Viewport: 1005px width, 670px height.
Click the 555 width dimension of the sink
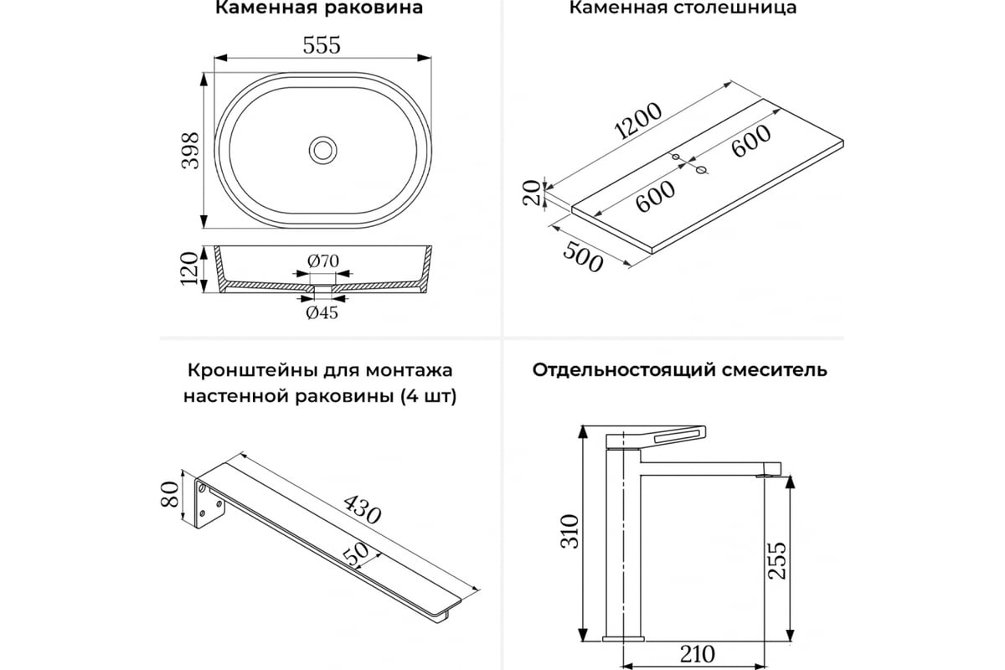(322, 45)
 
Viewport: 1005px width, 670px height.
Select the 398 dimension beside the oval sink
(191, 151)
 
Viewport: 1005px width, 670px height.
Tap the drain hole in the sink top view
(322, 150)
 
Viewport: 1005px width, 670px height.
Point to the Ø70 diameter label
(322, 260)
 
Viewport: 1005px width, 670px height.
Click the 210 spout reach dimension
(697, 652)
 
